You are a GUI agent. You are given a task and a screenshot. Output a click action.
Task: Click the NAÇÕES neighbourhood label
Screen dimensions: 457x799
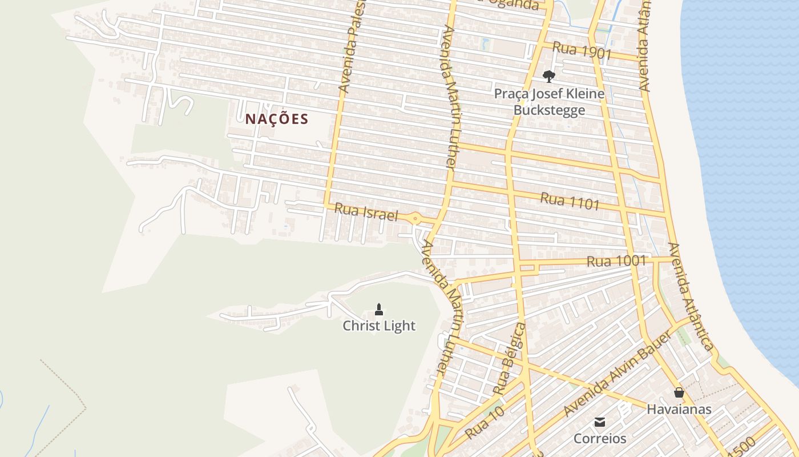point(277,119)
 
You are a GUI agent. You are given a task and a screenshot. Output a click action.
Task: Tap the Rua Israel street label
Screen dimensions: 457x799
point(366,212)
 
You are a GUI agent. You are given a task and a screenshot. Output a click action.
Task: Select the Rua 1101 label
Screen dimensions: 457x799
point(570,201)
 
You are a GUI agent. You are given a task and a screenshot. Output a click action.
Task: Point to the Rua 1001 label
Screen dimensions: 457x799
point(616,262)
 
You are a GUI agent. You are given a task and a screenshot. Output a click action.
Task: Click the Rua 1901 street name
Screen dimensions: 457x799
point(582,51)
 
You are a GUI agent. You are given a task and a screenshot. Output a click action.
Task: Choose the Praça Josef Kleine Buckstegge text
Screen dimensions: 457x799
point(549,102)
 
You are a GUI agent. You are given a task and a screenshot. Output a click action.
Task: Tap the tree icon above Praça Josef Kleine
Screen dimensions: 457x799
point(548,76)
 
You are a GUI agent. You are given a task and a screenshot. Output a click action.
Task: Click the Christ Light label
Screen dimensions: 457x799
point(379,326)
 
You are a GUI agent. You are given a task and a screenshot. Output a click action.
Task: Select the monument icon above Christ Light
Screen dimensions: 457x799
point(378,310)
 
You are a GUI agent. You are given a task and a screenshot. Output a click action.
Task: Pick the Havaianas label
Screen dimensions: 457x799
point(679,410)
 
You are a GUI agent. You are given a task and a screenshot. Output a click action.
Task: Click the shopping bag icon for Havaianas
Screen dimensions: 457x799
point(679,392)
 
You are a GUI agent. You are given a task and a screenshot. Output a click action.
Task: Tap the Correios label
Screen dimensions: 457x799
point(600,439)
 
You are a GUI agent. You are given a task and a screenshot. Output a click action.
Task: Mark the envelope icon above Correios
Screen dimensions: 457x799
point(600,422)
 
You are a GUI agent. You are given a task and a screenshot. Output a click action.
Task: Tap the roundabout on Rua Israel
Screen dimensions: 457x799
point(415,218)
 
